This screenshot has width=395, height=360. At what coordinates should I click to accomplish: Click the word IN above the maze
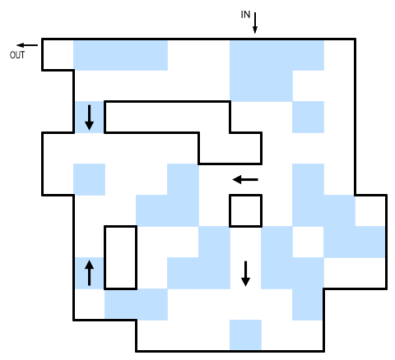coord(245,15)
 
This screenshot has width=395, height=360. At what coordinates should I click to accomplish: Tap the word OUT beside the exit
coord(17,55)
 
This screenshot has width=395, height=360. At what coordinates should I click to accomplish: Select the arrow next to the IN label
coord(255,23)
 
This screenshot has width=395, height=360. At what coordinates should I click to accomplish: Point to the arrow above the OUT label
coord(27,45)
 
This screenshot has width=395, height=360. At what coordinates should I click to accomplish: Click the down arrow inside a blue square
coord(89,118)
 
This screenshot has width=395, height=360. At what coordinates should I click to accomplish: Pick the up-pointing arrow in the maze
coord(89,273)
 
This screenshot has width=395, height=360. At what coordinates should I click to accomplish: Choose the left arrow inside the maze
coord(245,180)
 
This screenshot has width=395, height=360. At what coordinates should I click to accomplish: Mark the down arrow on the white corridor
coord(245,274)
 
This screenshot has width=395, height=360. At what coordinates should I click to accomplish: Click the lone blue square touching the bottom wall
coord(245,335)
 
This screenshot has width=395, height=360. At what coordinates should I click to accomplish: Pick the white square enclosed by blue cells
coord(309,242)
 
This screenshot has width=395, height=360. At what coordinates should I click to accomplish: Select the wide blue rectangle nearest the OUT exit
coord(120,55)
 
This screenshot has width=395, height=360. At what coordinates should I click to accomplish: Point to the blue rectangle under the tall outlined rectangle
coord(136,304)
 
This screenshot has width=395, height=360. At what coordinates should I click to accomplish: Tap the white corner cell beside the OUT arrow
coord(58,55)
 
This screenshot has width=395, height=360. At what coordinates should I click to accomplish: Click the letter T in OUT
coord(22,55)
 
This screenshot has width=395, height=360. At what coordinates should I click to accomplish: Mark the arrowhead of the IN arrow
coord(255,30)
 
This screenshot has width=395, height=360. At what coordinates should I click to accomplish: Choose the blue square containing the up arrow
coord(89,273)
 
